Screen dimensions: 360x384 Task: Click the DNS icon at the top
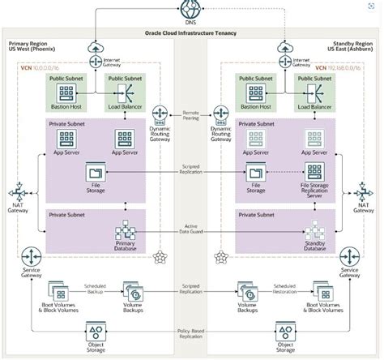click(192, 11)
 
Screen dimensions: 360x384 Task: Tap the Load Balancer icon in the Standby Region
click(314, 86)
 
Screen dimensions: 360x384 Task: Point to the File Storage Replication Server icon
click(314, 170)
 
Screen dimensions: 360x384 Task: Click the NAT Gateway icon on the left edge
click(17, 195)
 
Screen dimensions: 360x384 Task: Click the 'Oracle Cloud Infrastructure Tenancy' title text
click(192, 34)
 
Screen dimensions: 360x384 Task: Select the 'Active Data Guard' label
click(192, 230)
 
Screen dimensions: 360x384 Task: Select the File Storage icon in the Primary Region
click(95, 170)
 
